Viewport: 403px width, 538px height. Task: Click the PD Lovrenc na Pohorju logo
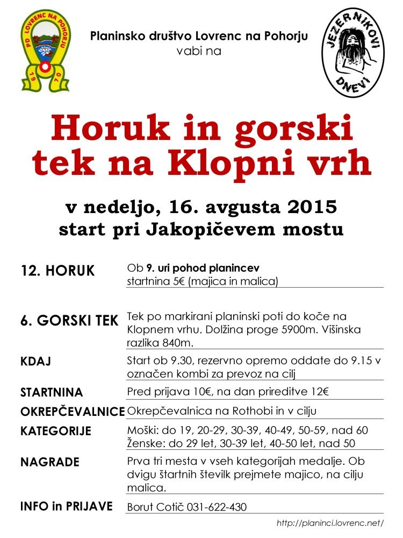45,52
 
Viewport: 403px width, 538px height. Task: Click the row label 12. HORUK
57,270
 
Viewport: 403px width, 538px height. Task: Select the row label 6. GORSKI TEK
69,321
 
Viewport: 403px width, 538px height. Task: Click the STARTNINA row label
52,392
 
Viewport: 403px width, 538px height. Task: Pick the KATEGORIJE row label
56,431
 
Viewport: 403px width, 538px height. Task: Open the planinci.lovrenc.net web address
330,523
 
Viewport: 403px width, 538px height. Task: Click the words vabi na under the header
198,52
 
